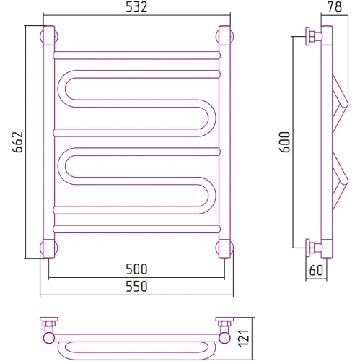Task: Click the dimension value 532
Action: click(136, 7)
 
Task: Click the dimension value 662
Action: click(17, 142)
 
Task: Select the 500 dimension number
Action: click(136, 269)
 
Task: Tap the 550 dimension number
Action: click(136, 287)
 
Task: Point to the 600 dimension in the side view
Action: click(285, 142)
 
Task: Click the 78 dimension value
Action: click(335, 6)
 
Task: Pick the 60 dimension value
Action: click(316, 270)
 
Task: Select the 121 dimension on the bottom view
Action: click(244, 338)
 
